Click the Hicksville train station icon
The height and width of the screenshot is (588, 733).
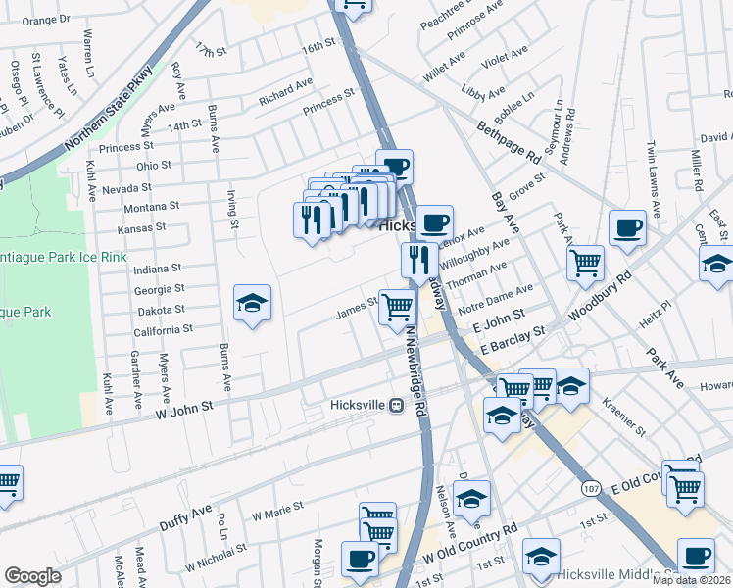397,405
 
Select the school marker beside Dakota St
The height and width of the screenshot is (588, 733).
252,305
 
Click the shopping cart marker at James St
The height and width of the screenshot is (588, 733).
397,307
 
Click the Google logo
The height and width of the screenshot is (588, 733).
32,576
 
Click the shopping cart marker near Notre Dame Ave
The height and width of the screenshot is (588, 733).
585,262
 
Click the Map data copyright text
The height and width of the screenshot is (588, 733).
692,580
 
